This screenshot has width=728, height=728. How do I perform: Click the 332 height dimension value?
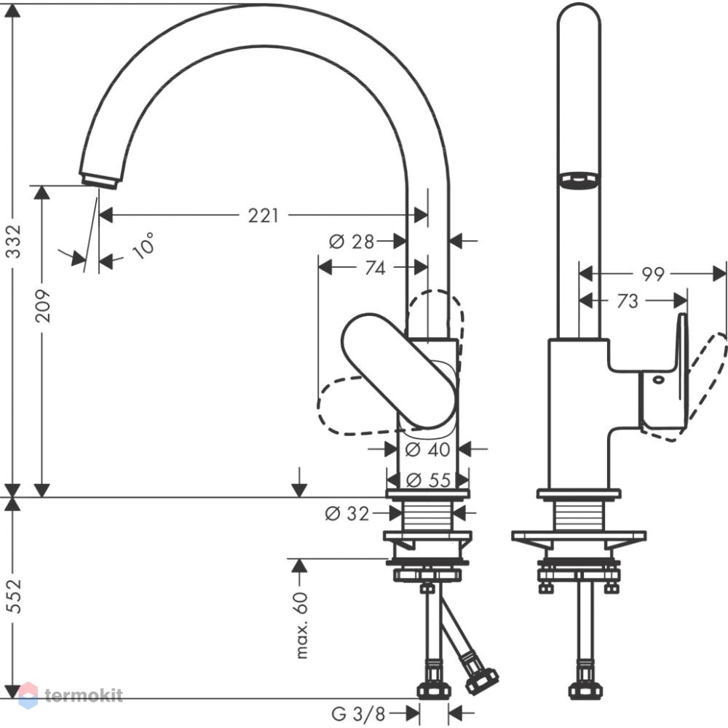pos(15,241)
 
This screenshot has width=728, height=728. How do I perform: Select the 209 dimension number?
pos(43,306)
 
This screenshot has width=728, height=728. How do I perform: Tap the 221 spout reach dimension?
pos(264,215)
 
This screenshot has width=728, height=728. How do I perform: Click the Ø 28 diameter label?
pos(352,242)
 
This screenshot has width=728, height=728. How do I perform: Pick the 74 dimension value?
pos(375,268)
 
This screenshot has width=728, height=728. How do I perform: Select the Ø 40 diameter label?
pos(427,449)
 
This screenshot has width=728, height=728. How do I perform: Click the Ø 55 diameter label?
pos(428,480)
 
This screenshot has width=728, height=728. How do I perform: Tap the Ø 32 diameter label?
pos(347,513)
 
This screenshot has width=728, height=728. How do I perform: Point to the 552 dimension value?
pos(15,597)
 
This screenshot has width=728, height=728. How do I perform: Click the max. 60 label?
pos(302,625)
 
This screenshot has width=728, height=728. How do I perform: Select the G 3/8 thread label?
pos(358,714)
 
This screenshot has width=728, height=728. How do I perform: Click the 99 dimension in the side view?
pos(653,274)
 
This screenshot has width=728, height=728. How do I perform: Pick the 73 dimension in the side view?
pos(628,301)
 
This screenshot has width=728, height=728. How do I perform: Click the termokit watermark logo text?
pos(84,695)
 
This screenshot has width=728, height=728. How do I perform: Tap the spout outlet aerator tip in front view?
pos(100,181)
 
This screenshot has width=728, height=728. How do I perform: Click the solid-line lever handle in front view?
pos(398,370)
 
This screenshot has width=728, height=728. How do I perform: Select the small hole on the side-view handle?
pos(658,380)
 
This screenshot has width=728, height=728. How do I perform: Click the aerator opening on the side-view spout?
pos(579,180)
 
